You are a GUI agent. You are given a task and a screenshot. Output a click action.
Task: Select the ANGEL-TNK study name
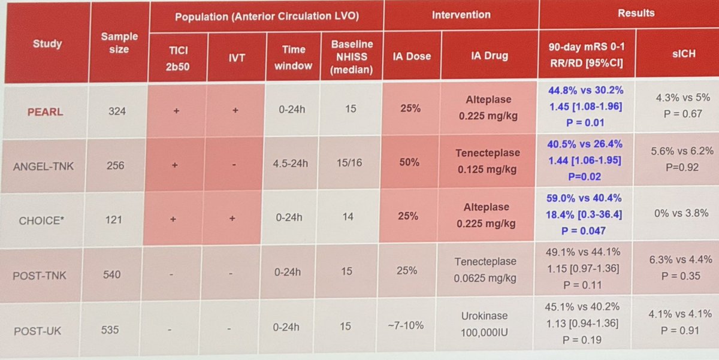[x=46, y=166]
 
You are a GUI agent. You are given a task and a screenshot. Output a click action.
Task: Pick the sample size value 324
[x=117, y=111]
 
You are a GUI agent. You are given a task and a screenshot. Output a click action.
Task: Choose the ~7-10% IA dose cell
[x=409, y=325]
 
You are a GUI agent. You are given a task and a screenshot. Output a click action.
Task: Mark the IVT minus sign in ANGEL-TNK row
[x=234, y=165]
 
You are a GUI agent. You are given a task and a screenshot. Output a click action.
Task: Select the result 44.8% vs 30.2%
[x=584, y=90]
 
